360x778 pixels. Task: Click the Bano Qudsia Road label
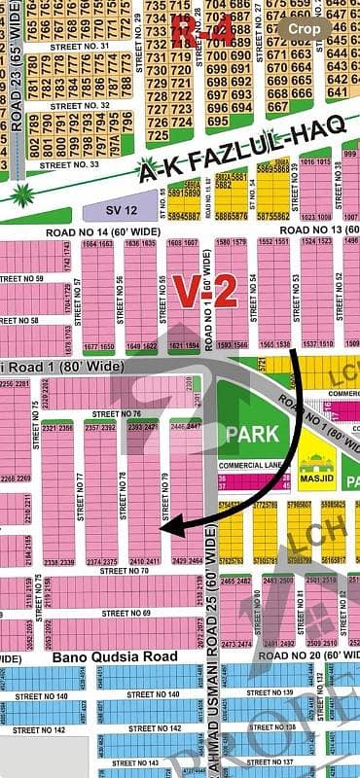(x=95, y=656)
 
